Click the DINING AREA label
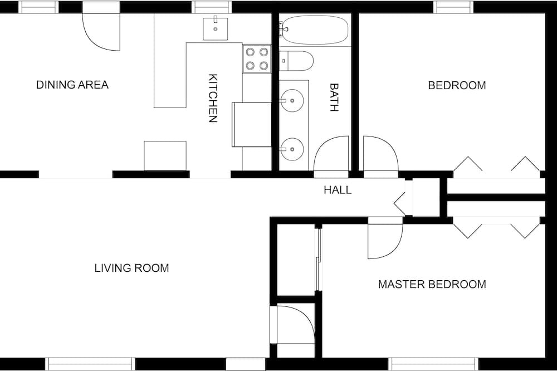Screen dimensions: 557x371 (72, 85)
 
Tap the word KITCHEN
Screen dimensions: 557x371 (212, 98)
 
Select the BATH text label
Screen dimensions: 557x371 (334, 97)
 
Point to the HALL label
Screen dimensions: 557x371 (338, 190)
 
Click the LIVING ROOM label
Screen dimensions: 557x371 (132, 268)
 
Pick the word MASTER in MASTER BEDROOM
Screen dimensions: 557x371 (402, 284)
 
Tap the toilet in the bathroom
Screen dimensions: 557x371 (296, 61)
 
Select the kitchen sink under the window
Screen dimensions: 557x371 (216, 28)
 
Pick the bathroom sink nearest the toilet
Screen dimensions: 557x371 (292, 101)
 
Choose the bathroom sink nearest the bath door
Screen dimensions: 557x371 (292, 149)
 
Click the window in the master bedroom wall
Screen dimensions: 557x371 (433, 364)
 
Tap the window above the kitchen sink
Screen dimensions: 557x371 (212, 7)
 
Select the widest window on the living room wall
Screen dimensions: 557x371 (90, 364)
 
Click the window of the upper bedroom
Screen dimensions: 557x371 (453, 7)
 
